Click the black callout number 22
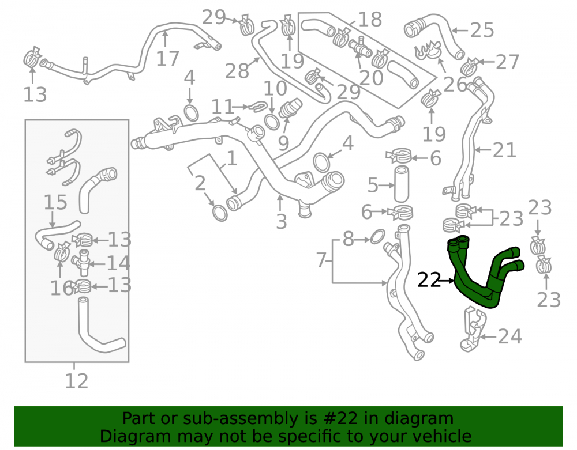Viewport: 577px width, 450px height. pyautogui.click(x=429, y=280)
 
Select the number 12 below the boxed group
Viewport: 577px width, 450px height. pyautogui.click(x=77, y=381)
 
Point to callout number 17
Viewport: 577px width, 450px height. pyautogui.click(x=167, y=58)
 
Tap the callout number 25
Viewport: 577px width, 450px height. pyautogui.click(x=482, y=30)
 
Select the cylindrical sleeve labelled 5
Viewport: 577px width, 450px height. pyautogui.click(x=402, y=184)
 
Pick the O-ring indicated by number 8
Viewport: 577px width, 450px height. pyautogui.click(x=377, y=237)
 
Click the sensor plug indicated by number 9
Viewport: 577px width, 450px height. pyautogui.click(x=290, y=108)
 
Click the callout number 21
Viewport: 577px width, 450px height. pyautogui.click(x=504, y=150)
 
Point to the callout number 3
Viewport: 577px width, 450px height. pyautogui.click(x=282, y=222)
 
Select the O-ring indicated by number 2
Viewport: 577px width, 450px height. pyautogui.click(x=220, y=213)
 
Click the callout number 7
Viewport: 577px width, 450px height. pyautogui.click(x=321, y=260)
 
